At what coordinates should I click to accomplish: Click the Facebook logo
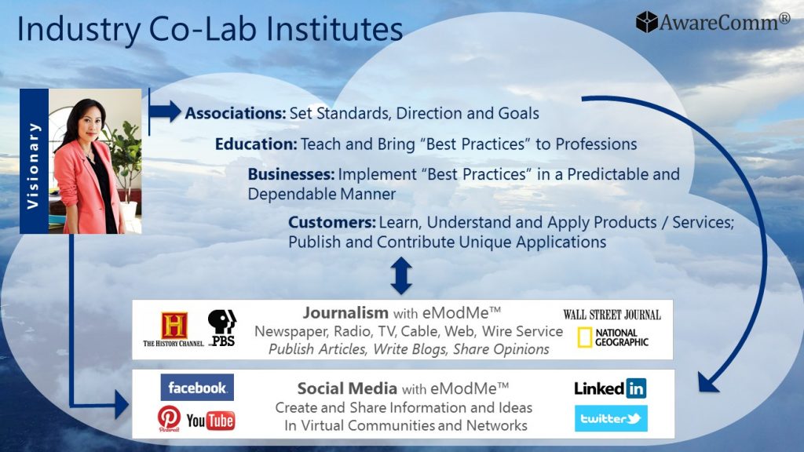(x=197, y=388)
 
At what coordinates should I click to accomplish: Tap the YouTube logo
(x=210, y=421)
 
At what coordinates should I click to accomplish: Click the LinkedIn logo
(x=610, y=388)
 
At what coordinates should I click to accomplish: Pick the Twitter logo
(x=611, y=418)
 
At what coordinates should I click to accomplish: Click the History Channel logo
(x=174, y=329)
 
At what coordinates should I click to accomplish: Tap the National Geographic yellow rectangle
(x=584, y=337)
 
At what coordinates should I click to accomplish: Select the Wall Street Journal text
(x=612, y=315)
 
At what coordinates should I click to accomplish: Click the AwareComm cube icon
(x=647, y=22)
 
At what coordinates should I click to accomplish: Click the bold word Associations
(x=236, y=113)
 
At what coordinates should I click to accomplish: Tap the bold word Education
(x=256, y=144)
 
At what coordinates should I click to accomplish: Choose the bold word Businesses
(x=291, y=174)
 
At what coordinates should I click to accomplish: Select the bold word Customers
(x=332, y=222)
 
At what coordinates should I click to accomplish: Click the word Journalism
(x=345, y=312)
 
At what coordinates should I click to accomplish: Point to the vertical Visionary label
(x=34, y=162)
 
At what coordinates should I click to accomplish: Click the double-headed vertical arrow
(x=401, y=275)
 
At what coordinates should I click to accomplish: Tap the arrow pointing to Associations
(x=165, y=111)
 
